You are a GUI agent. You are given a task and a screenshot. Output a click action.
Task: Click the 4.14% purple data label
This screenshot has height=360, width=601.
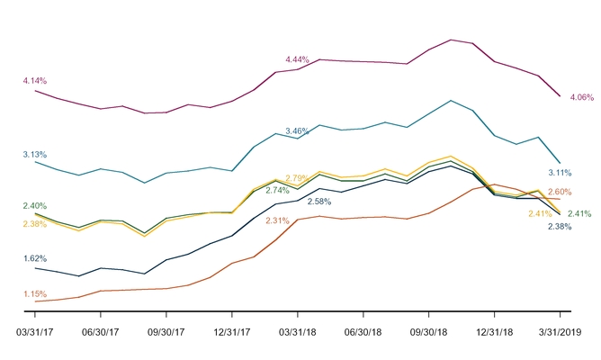click(35, 81)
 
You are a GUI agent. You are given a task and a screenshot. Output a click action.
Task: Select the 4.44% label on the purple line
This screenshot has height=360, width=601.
click(298, 58)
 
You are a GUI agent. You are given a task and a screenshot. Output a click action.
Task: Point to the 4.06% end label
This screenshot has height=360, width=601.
click(582, 96)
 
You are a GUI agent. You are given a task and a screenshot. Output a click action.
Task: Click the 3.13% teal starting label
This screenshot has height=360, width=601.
click(35, 154)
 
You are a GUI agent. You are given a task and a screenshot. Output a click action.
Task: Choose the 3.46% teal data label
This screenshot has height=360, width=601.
click(297, 131)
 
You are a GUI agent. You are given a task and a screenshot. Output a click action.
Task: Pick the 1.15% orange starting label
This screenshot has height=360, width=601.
click(34, 293)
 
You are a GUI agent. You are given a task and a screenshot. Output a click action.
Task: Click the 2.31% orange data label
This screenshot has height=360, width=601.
click(277, 220)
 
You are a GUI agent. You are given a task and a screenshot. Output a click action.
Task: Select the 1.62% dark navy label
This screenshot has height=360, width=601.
click(34, 257)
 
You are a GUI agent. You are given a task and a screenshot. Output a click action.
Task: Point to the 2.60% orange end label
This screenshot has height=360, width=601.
click(559, 192)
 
